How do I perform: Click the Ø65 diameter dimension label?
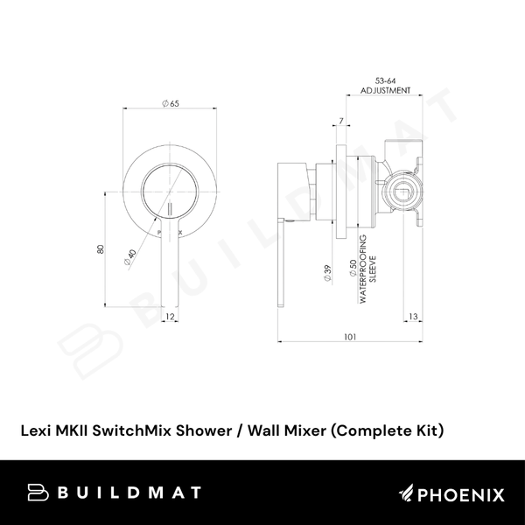point(170,104)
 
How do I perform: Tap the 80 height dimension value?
point(101,249)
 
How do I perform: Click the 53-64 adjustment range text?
point(385,80)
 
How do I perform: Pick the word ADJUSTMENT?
point(385,90)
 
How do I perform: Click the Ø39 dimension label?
point(326,273)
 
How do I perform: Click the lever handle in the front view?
point(170,258)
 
